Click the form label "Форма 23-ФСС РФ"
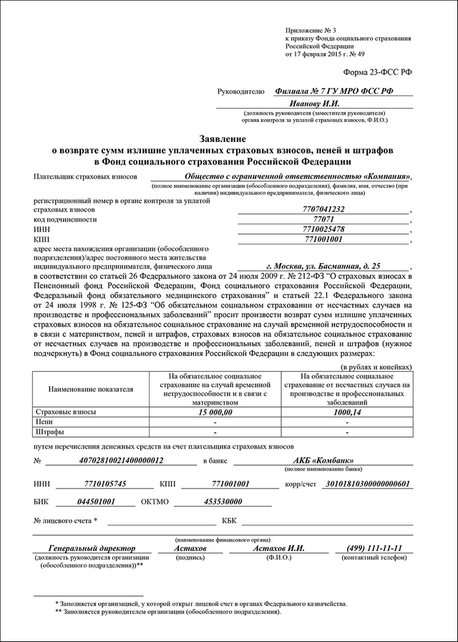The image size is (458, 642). pos(379,73)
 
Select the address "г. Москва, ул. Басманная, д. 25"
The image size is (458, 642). pos(328,264)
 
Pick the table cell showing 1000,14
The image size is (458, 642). pos(347,413)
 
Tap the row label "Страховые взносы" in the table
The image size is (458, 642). pos(64,413)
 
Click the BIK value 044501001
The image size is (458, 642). pos(95,502)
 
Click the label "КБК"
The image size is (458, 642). pos(229,521)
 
